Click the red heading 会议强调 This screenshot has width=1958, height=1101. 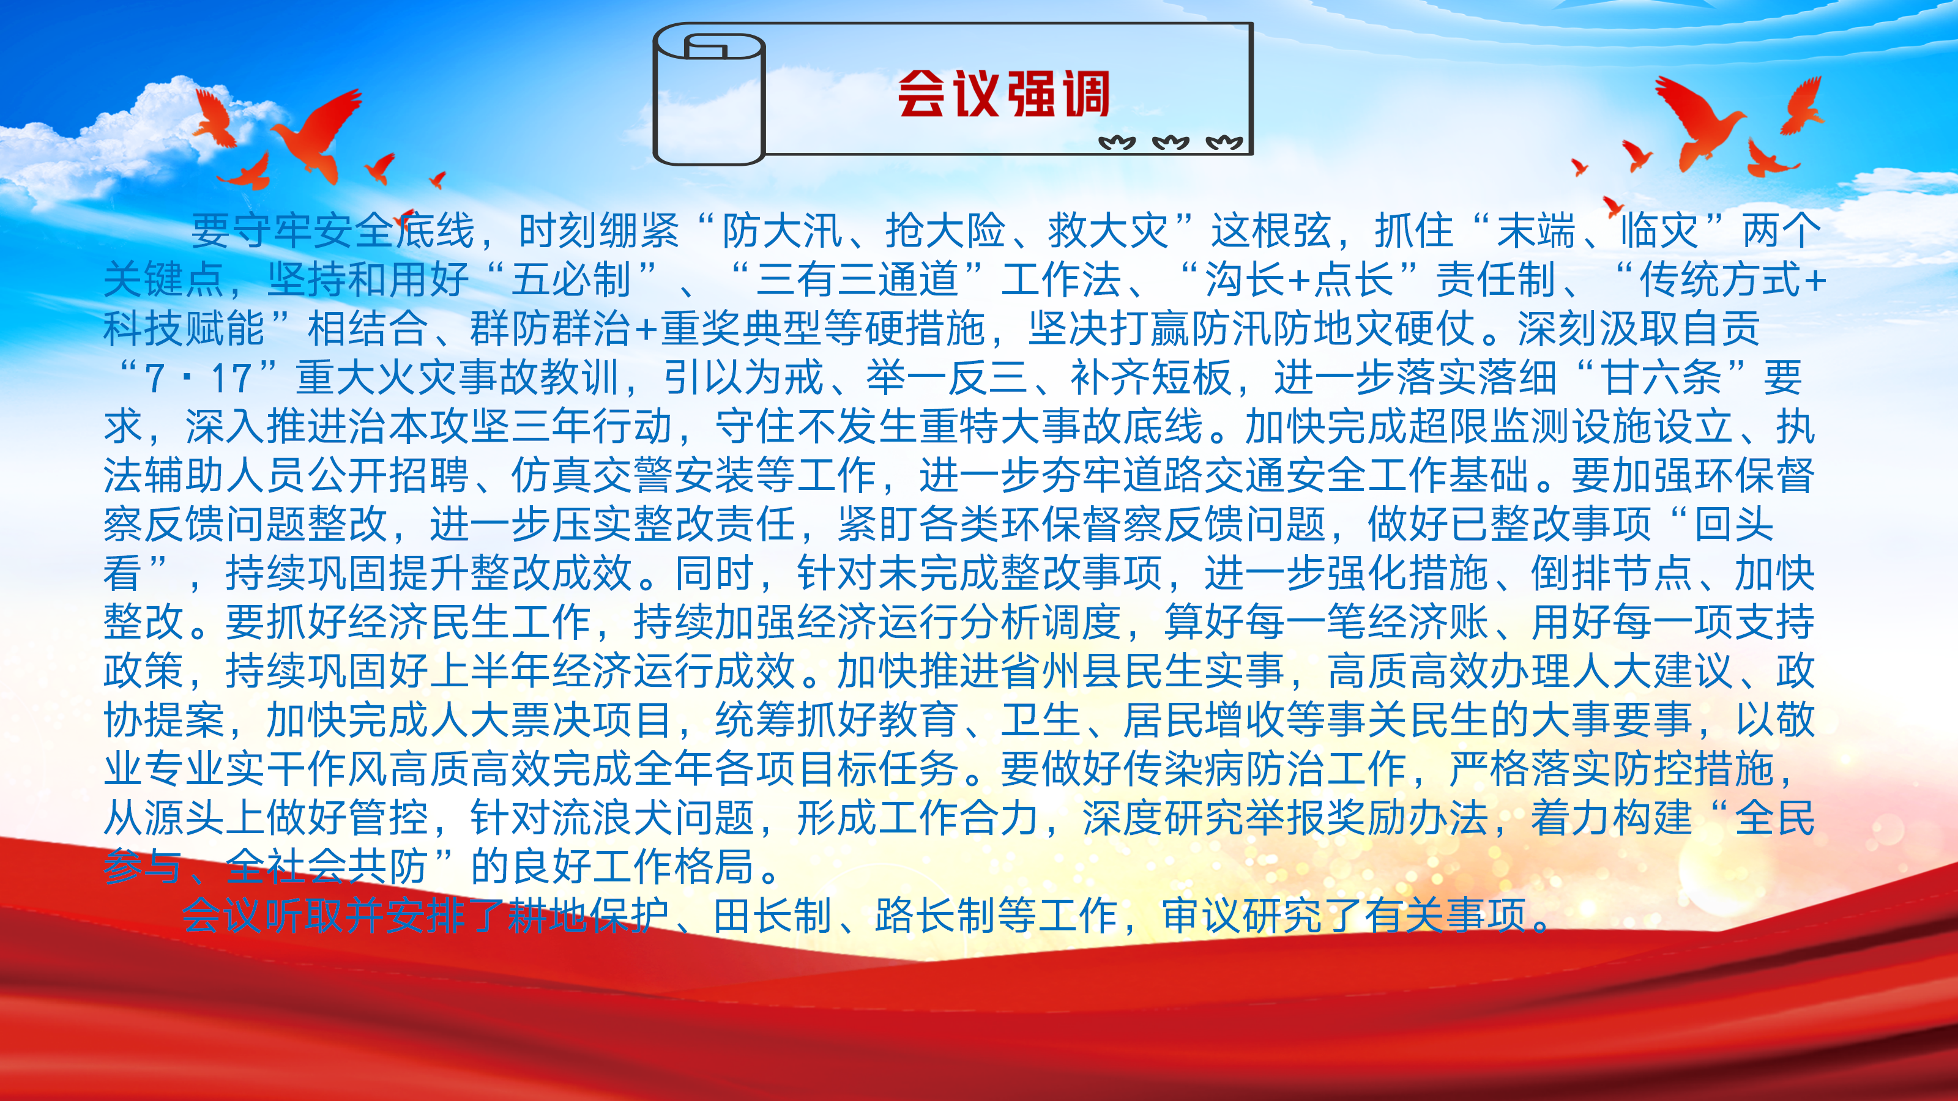1003,94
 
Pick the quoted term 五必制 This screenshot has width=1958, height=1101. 571,279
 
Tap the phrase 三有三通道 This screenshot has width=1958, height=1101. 857,279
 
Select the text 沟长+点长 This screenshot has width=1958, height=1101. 1299,279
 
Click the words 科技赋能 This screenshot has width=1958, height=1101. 184,328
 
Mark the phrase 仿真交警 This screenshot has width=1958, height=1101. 592,476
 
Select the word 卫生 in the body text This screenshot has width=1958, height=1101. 1041,721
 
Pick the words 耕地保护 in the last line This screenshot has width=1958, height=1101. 587,916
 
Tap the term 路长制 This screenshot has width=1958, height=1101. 935,916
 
